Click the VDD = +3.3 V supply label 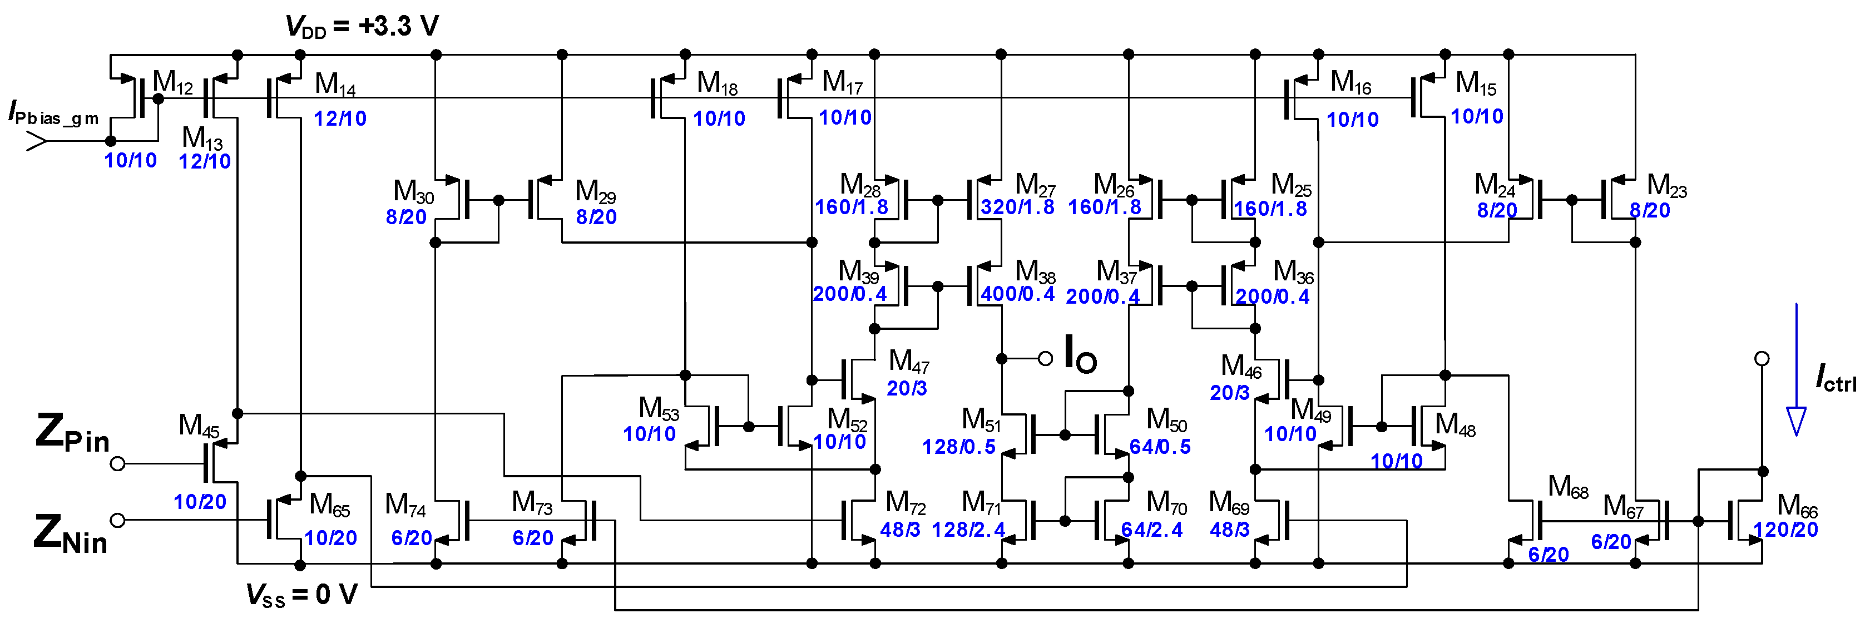(362, 27)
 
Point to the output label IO (1080, 355)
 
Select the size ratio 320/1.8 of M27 (1017, 207)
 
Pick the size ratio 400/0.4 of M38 (1017, 294)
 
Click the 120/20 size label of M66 (1785, 530)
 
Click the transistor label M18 (717, 84)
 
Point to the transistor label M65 (329, 505)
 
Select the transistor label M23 (1666, 186)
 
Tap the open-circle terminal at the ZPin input (118, 463)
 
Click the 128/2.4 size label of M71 (968, 530)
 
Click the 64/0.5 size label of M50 (1160, 447)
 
